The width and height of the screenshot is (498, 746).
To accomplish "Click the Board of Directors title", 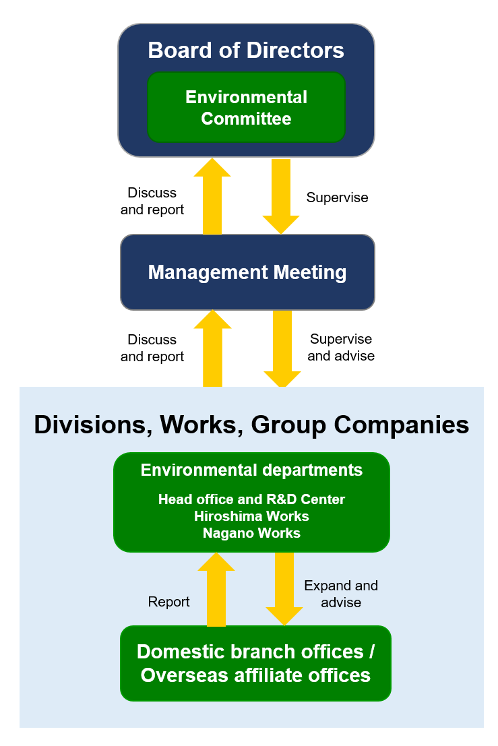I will [x=246, y=51].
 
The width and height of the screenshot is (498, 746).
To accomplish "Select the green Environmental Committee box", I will [x=246, y=108].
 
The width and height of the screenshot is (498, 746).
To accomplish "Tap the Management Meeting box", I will [x=247, y=272].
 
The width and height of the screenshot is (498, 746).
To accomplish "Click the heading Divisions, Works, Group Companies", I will [x=251, y=425].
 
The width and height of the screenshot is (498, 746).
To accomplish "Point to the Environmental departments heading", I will [x=251, y=470].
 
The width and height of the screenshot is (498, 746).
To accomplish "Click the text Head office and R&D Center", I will [x=251, y=499].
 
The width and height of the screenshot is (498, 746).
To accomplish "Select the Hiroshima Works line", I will [x=251, y=516].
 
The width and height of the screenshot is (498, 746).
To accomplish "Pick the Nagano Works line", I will [x=251, y=533].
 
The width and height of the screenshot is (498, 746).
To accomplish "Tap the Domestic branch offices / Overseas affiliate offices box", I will [x=255, y=664].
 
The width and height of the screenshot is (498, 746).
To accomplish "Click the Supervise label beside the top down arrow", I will [x=337, y=197].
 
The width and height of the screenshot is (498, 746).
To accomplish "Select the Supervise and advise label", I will [x=341, y=347].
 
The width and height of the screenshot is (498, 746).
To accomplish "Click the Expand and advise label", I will [x=341, y=594].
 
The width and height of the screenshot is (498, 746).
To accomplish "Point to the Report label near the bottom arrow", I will [x=168, y=602].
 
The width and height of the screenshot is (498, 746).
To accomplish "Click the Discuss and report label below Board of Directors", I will [x=152, y=201].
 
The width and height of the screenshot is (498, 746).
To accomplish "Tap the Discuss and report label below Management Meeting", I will [x=152, y=348].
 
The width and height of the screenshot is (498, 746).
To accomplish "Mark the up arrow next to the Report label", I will [x=216, y=590].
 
